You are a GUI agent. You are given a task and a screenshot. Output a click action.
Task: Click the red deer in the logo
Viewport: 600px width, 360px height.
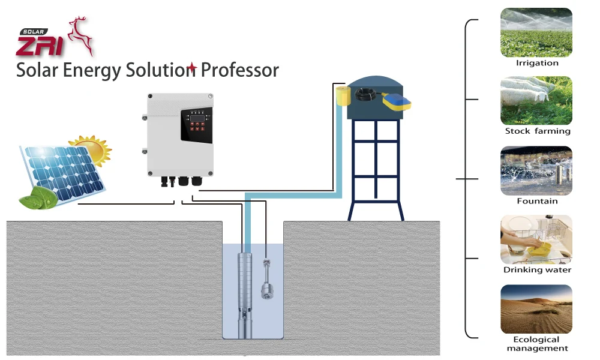80,35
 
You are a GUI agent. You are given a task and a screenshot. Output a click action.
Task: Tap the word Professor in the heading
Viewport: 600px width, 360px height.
239,70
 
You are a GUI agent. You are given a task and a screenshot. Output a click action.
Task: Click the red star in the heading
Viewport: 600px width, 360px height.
192,69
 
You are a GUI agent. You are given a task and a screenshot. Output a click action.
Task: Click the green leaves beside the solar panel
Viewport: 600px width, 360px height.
38,198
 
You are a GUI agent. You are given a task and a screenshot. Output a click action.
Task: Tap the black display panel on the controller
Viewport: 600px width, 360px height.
197,125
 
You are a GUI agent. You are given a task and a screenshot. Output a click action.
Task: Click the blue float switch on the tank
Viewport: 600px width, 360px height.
397,102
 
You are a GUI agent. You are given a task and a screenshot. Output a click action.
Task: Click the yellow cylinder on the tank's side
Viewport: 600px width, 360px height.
343,95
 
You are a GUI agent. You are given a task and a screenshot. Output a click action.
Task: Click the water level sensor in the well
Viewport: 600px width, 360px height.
267,279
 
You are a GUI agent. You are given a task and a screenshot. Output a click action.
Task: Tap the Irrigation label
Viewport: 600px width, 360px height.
537,63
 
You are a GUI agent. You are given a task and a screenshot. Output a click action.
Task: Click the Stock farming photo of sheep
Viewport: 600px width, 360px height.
536,101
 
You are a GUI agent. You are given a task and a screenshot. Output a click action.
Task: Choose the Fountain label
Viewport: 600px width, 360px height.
537,201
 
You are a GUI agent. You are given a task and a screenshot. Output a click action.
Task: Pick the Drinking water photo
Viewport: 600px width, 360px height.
536,239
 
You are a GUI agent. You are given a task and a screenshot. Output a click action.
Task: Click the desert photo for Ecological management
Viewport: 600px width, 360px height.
536,309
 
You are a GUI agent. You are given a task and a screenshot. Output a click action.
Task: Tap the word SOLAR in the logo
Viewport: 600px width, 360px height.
33,32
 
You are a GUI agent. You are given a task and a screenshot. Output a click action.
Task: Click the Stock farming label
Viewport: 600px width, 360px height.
538,131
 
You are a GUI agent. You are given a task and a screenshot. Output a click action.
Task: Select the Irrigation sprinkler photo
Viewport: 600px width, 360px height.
536,32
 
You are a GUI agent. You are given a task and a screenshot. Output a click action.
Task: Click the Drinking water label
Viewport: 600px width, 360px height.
537,270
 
